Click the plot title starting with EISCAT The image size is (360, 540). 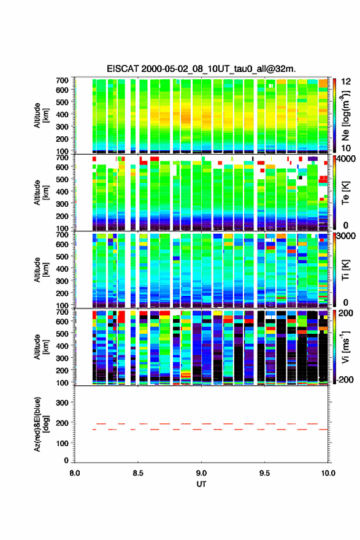[x=201, y=69]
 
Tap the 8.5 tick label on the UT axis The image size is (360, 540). [x=138, y=473]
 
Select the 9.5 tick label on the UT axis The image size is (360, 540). [x=265, y=473]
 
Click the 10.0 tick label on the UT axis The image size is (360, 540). [x=328, y=473]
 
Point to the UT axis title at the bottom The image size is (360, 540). [x=201, y=484]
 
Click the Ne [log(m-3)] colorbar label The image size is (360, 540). [x=345, y=115]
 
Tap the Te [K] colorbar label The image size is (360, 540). [x=345, y=193]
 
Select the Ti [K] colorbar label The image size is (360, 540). [x=345, y=269]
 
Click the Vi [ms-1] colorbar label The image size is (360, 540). [x=345, y=347]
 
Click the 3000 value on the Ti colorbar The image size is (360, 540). [x=347, y=236]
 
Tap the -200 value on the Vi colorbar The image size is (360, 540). [x=344, y=379]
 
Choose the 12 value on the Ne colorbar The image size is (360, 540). [x=347, y=82]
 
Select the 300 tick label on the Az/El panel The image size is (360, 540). [x=62, y=403]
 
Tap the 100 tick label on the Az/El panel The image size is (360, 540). [x=62, y=443]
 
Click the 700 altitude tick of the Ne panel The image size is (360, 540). [x=62, y=80]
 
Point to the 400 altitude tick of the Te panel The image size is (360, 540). [x=62, y=191]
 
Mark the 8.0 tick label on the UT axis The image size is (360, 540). [x=75, y=473]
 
